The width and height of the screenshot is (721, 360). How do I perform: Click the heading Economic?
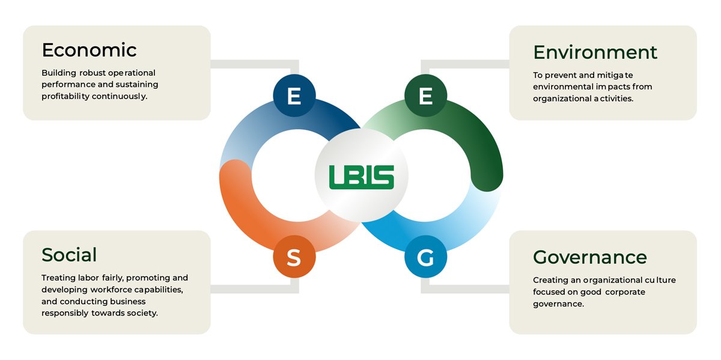coord(89,50)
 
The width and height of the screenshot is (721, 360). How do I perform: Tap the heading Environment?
coord(595,52)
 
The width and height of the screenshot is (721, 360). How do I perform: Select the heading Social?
coord(69,255)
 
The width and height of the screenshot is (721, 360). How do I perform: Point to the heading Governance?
coord(589,257)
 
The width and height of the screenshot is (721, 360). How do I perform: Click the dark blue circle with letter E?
coord(294,96)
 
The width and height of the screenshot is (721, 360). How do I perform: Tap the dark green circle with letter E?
coord(425,96)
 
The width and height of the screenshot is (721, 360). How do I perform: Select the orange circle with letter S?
coord(294,258)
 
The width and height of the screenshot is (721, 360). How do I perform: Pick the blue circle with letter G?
coord(425,258)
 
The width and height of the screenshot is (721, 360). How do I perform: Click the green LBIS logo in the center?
coord(361,177)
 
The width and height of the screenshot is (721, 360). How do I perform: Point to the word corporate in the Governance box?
coord(621,292)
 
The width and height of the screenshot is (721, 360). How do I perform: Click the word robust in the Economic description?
coord(92,73)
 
